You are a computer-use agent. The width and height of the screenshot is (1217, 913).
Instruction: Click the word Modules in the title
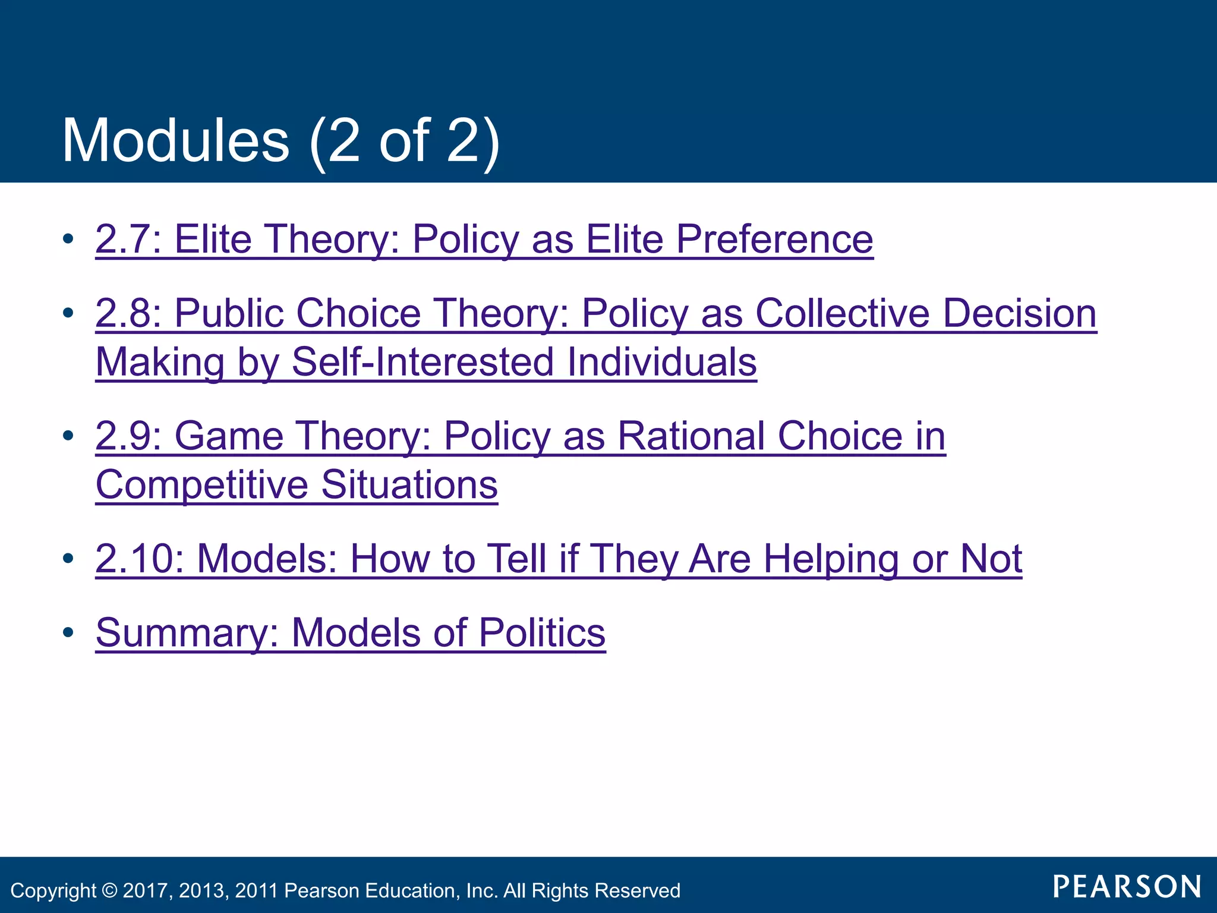pyautogui.click(x=175, y=141)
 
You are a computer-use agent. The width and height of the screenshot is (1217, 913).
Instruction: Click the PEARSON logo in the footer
pyautogui.click(x=1127, y=887)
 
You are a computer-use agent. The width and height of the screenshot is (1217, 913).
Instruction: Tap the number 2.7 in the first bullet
pyautogui.click(x=123, y=240)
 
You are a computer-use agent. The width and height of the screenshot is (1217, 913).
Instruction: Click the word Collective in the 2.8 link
pyautogui.click(x=842, y=313)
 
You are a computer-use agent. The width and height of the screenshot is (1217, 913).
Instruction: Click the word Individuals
pyautogui.click(x=661, y=362)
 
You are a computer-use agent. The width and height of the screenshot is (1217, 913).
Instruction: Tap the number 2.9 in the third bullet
pyautogui.click(x=123, y=436)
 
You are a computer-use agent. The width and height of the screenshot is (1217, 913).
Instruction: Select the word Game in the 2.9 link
pyautogui.click(x=229, y=436)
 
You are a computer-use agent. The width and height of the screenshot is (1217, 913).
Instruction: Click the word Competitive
pyautogui.click(x=201, y=485)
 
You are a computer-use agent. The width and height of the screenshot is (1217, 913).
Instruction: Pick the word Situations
pyautogui.click(x=409, y=485)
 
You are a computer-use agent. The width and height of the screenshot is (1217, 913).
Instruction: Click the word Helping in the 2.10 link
pyautogui.click(x=831, y=560)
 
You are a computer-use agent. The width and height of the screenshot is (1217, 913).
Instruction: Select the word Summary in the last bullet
pyautogui.click(x=181, y=633)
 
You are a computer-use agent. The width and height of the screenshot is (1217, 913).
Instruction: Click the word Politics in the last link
pyautogui.click(x=541, y=632)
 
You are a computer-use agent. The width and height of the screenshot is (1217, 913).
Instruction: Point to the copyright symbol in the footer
pyautogui.click(x=109, y=890)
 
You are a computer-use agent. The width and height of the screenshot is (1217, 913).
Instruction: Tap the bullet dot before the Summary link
pyautogui.click(x=68, y=632)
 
